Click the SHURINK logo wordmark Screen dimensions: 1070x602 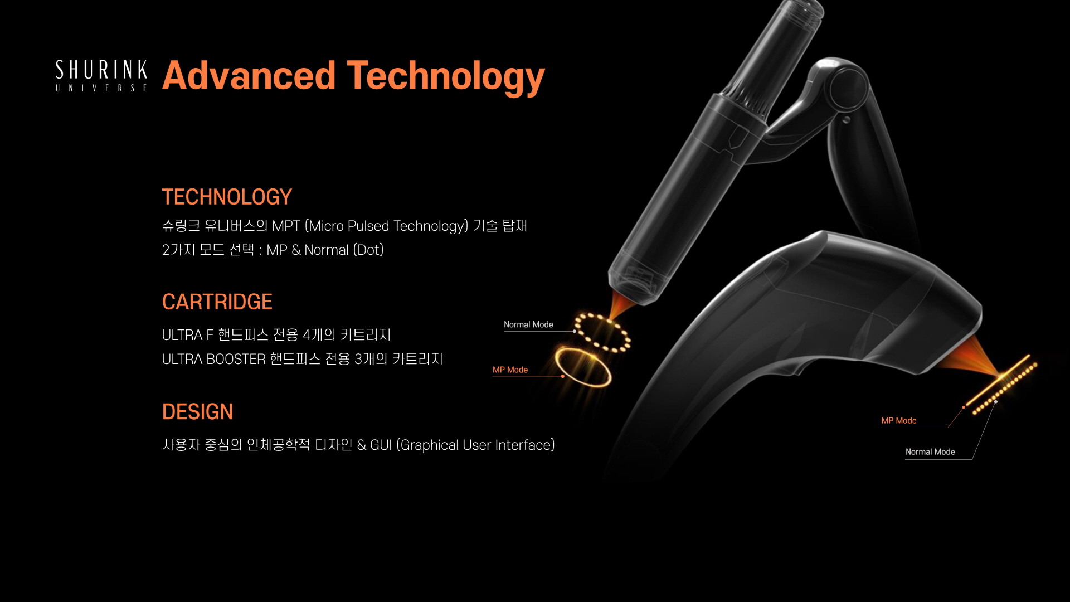pyautogui.click(x=101, y=70)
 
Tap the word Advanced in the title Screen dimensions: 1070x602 pyautogui.click(x=249, y=75)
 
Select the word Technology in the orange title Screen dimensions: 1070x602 pyautogui.click(x=446, y=77)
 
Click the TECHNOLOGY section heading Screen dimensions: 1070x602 pyautogui.click(x=227, y=197)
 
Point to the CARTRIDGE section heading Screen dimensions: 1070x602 pyautogui.click(x=217, y=302)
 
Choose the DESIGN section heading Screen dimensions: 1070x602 pyautogui.click(x=197, y=412)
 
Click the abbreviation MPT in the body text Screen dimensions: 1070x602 pyautogui.click(x=286, y=226)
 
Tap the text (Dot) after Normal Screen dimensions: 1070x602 pyautogui.click(x=368, y=250)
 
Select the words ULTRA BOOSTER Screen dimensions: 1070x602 pyautogui.click(x=213, y=359)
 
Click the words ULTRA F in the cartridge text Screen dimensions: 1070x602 pyautogui.click(x=187, y=335)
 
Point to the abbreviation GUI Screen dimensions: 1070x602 pyautogui.click(x=381, y=445)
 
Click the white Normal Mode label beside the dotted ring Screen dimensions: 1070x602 pyautogui.click(x=528, y=324)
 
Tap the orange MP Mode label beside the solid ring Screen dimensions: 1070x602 pyautogui.click(x=510, y=370)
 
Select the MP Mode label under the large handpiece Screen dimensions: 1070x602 pyautogui.click(x=899, y=420)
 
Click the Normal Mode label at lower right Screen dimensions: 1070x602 pyautogui.click(x=930, y=452)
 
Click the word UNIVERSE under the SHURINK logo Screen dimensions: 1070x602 pyautogui.click(x=101, y=88)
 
